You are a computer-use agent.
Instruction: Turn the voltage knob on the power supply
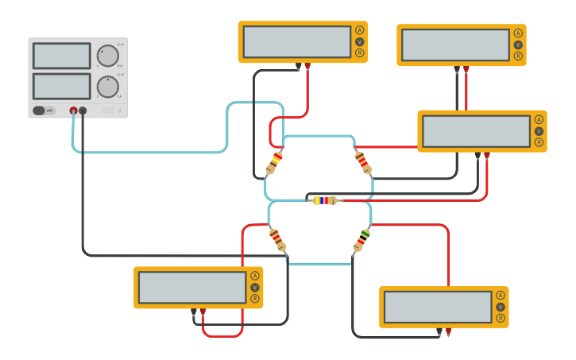coord(107,56)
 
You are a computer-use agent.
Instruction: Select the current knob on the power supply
coord(107,87)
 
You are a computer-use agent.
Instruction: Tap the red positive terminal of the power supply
coord(73,110)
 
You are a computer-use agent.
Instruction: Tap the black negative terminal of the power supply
coord(83,110)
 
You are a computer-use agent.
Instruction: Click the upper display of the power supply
coord(61,56)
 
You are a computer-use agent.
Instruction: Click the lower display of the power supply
coord(61,86)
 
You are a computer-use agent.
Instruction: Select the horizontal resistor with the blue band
coord(325,200)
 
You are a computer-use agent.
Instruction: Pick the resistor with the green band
coord(361,238)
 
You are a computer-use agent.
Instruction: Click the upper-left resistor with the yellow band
coord(274,162)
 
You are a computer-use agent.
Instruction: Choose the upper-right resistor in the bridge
coord(362,162)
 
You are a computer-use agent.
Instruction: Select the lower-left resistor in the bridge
coord(277,238)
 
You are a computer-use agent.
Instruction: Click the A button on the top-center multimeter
coord(359,30)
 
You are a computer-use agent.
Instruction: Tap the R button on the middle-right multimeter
coord(539,142)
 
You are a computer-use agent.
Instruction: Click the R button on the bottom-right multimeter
coord(501,318)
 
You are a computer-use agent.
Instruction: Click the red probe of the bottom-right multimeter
coord(448,331)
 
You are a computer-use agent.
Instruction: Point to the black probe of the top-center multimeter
coord(298,66)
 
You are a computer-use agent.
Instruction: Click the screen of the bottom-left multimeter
coord(191,288)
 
